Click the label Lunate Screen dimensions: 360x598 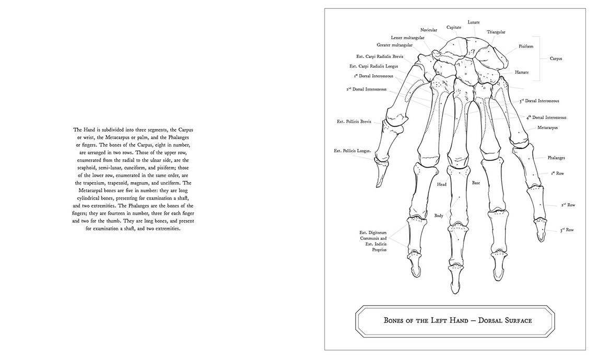[x=474, y=22]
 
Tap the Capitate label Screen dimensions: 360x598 [x=454, y=27]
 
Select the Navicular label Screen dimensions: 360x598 [x=429, y=30]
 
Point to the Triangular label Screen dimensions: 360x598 [x=496, y=32]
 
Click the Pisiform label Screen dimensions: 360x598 [x=526, y=47]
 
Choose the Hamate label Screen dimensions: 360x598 [x=522, y=72]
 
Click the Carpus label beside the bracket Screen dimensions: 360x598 [x=556, y=59]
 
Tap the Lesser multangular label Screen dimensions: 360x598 [x=407, y=38]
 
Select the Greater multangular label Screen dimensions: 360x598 [x=395, y=45]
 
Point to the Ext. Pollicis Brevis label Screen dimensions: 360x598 [x=354, y=122]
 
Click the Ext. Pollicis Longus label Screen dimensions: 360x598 [x=353, y=151]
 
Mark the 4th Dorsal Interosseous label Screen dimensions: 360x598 [x=546, y=118]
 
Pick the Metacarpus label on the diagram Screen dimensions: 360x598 [x=548, y=127]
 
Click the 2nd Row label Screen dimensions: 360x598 [x=568, y=205]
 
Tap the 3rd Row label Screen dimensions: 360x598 [x=567, y=230]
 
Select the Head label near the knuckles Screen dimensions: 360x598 [x=442, y=184]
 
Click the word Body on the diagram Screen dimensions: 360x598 [x=439, y=215]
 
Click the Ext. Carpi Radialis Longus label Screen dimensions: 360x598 [x=373, y=66]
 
